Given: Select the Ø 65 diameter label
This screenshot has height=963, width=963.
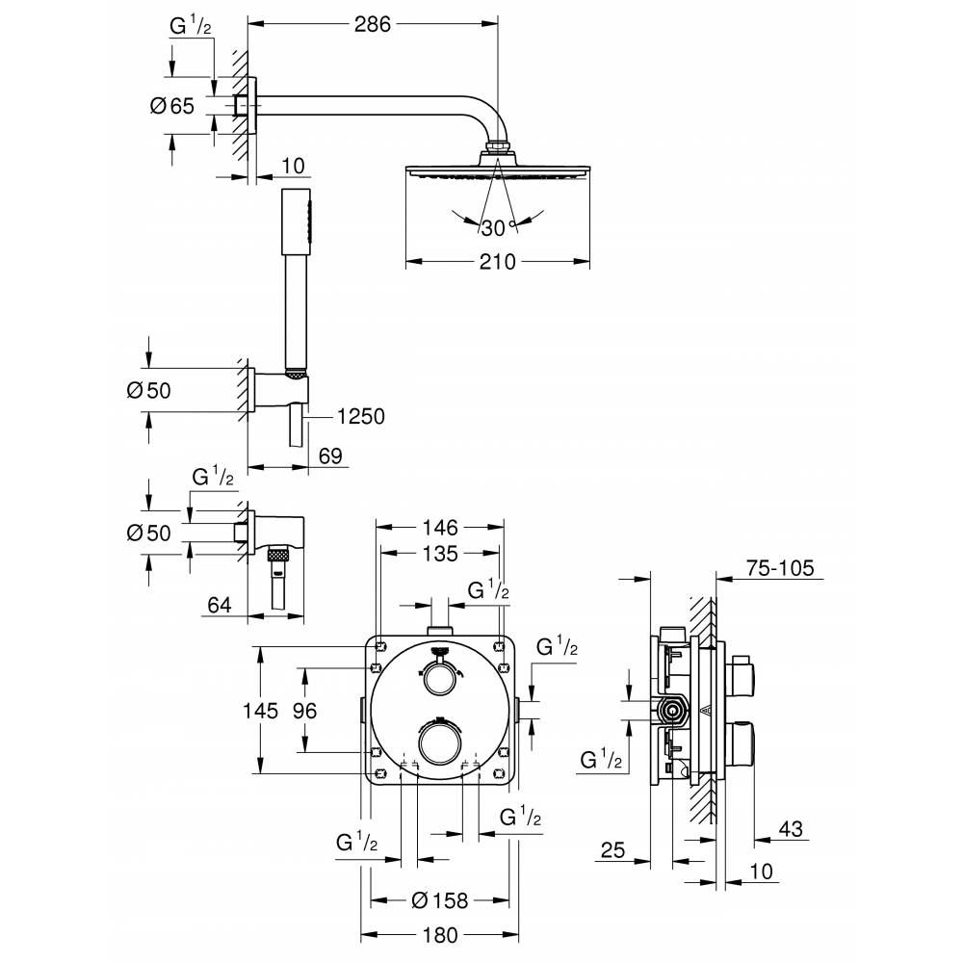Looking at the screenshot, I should [x=173, y=107].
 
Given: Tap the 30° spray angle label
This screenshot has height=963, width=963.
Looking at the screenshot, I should [x=496, y=228].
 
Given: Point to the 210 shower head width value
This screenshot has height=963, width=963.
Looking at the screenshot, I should [x=496, y=261].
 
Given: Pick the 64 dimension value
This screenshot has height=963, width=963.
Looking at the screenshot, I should [x=221, y=605].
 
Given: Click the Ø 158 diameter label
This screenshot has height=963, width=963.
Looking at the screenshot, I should [x=439, y=900].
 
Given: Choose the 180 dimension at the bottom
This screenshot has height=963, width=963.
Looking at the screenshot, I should [x=439, y=935].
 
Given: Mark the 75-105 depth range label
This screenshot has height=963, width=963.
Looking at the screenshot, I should [x=781, y=568].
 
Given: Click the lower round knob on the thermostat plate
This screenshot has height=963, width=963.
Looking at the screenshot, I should [x=439, y=744].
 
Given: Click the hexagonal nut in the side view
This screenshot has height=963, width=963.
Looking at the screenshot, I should [x=673, y=713].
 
